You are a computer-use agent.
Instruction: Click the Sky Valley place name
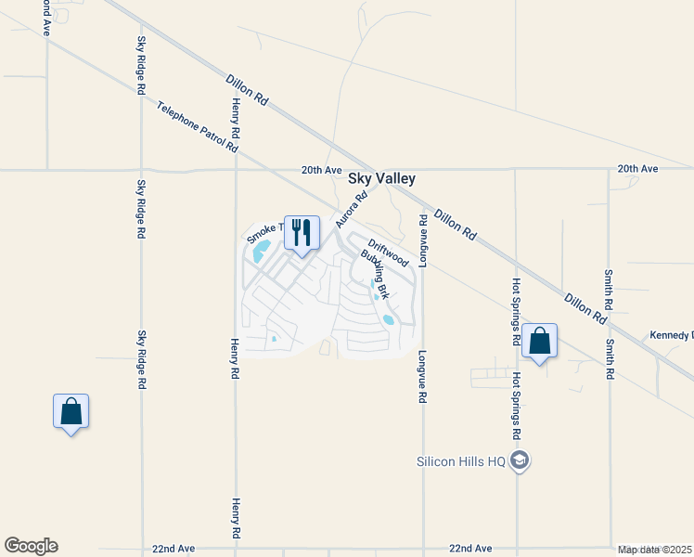[x=381, y=179]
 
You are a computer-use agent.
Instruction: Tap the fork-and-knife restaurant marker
[x=301, y=232]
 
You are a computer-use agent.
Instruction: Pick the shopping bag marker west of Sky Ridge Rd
[x=71, y=411]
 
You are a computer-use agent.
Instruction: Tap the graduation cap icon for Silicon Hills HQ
[x=520, y=460]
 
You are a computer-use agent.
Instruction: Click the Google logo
[x=31, y=546]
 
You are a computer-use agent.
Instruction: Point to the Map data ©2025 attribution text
[x=655, y=550]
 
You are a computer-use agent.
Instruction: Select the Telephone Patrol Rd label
[x=197, y=126]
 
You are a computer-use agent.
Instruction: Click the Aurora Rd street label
[x=353, y=210]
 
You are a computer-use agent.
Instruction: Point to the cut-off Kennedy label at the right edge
[x=671, y=335]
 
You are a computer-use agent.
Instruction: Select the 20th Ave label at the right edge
[x=637, y=169]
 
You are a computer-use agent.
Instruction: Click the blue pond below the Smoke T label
[x=261, y=251]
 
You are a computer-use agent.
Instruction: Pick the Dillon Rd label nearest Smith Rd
[x=585, y=309]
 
